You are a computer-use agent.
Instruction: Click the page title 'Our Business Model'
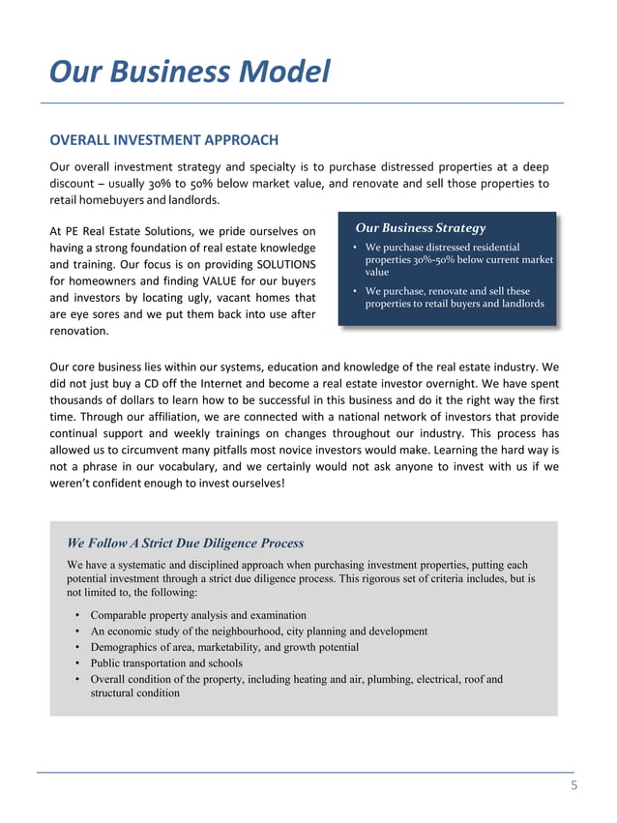point(190,72)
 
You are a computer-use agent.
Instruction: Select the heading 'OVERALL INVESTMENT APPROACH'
point(163,141)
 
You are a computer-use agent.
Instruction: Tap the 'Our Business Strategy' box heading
point(421,228)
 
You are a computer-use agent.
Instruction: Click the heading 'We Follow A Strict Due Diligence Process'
point(185,543)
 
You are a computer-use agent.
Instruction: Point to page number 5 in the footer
point(573,786)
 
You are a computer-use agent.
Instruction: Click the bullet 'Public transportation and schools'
point(166,662)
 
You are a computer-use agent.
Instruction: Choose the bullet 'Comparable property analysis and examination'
point(198,615)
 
